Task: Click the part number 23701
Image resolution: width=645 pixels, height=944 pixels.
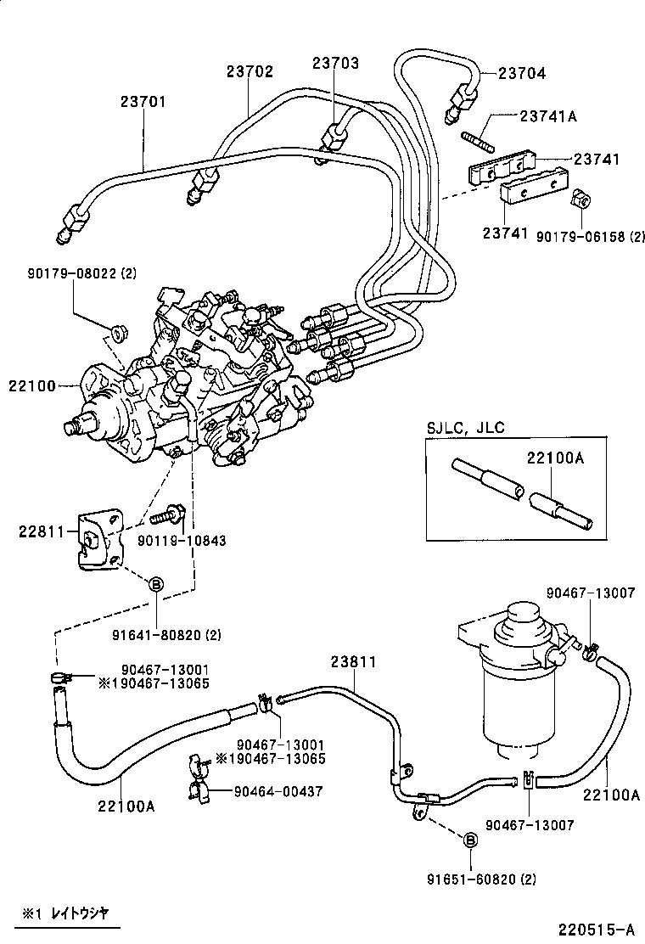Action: tap(143, 101)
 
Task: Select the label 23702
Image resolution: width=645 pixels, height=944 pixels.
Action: tap(250, 72)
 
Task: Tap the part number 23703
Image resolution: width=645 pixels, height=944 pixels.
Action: tap(334, 63)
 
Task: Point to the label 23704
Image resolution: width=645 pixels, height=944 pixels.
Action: tap(522, 74)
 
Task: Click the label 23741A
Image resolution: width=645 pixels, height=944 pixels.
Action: tap(547, 116)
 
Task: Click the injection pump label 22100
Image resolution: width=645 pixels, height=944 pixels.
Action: tap(32, 385)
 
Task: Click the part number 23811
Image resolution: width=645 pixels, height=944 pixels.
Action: tap(352, 661)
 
